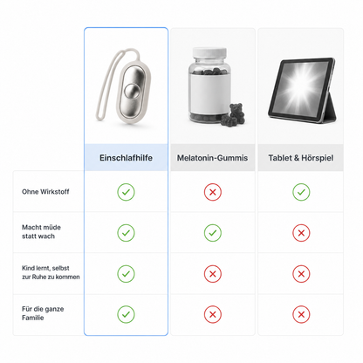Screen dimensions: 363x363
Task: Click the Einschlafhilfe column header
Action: [x=126, y=158]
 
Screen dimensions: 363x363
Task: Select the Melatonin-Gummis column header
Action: [x=213, y=158]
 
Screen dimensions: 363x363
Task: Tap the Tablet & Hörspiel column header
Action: [x=301, y=158]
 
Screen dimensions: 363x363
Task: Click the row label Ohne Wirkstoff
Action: [x=45, y=192]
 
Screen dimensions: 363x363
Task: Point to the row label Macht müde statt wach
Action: [x=41, y=231]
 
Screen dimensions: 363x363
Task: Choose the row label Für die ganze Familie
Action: [x=43, y=313]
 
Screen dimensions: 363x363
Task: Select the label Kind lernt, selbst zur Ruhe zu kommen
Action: [x=51, y=272]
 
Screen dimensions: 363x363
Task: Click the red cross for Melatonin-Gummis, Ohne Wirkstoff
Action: [x=213, y=192]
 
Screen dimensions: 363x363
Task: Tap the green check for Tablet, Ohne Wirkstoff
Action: [x=301, y=192]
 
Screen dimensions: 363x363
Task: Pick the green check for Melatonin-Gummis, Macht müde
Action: [x=213, y=233]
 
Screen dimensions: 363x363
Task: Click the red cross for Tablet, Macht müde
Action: [x=301, y=233]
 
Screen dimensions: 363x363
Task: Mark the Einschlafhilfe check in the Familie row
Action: [x=126, y=314]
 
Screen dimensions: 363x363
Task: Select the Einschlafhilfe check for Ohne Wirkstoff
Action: [x=126, y=192]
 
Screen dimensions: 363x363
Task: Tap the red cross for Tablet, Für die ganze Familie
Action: [x=301, y=314]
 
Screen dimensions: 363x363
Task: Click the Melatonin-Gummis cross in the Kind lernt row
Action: [x=213, y=274]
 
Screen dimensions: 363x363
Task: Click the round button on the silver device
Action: [x=131, y=91]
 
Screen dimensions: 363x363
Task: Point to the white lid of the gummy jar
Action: [x=209, y=52]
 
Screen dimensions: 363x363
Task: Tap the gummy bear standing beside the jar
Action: [x=237, y=112]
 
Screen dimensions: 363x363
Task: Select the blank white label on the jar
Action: [x=209, y=92]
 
